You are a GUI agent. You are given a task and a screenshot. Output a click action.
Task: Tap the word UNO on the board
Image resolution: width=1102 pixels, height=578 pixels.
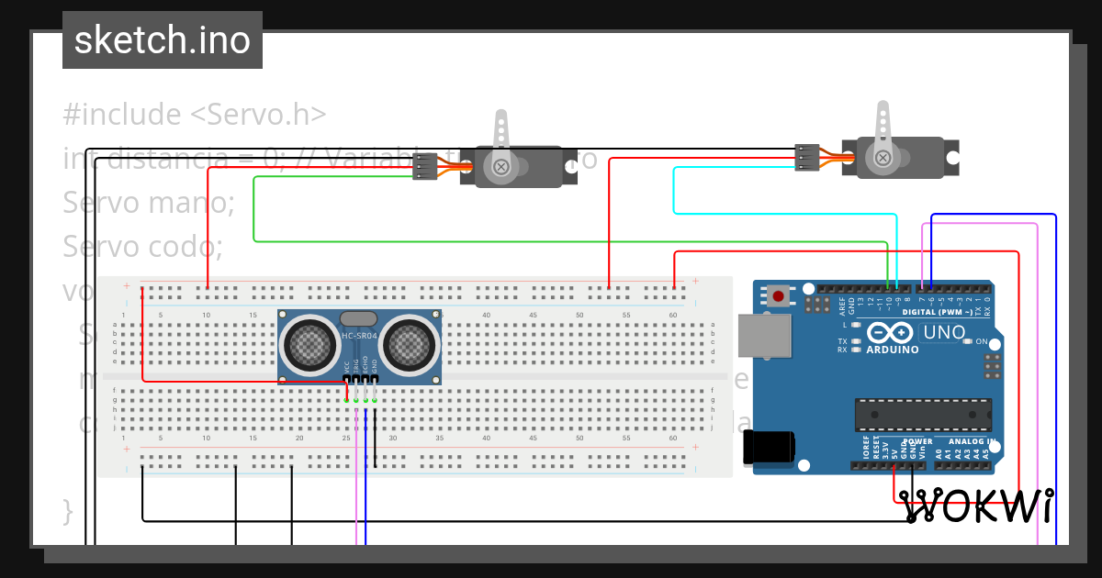click(x=943, y=332)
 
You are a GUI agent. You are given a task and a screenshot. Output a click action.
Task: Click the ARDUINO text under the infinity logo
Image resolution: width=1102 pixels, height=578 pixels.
click(x=891, y=350)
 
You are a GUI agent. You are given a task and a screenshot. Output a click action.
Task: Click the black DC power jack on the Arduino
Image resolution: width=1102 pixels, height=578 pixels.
click(x=769, y=446)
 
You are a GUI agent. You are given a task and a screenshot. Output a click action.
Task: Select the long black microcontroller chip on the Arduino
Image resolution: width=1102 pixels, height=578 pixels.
click(x=923, y=415)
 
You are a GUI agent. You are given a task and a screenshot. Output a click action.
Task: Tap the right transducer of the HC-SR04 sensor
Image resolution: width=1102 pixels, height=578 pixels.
click(x=408, y=343)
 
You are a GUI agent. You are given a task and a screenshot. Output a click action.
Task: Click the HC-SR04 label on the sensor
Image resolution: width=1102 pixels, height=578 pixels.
click(x=358, y=336)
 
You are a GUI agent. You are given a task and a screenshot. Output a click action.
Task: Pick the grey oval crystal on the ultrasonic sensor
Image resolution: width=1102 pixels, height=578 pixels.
click(x=358, y=318)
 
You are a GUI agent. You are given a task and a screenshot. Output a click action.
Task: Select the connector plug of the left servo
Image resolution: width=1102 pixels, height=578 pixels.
click(x=425, y=166)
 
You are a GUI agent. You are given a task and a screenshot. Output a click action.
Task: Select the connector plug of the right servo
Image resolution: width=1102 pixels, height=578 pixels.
click(x=806, y=157)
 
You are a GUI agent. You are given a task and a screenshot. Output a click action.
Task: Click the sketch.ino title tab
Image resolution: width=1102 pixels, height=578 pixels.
click(x=163, y=40)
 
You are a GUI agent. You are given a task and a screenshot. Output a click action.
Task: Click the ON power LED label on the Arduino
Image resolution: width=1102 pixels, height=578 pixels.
click(x=980, y=341)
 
